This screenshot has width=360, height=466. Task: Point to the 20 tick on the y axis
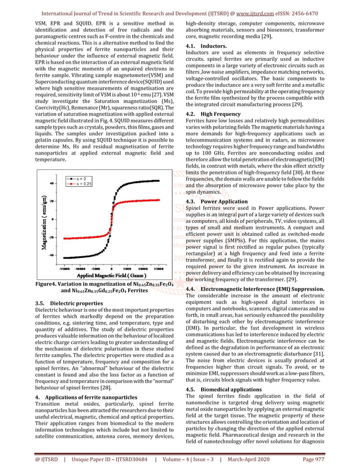tap(52, 201)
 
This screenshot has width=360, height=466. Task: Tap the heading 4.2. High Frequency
tap(213, 113)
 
